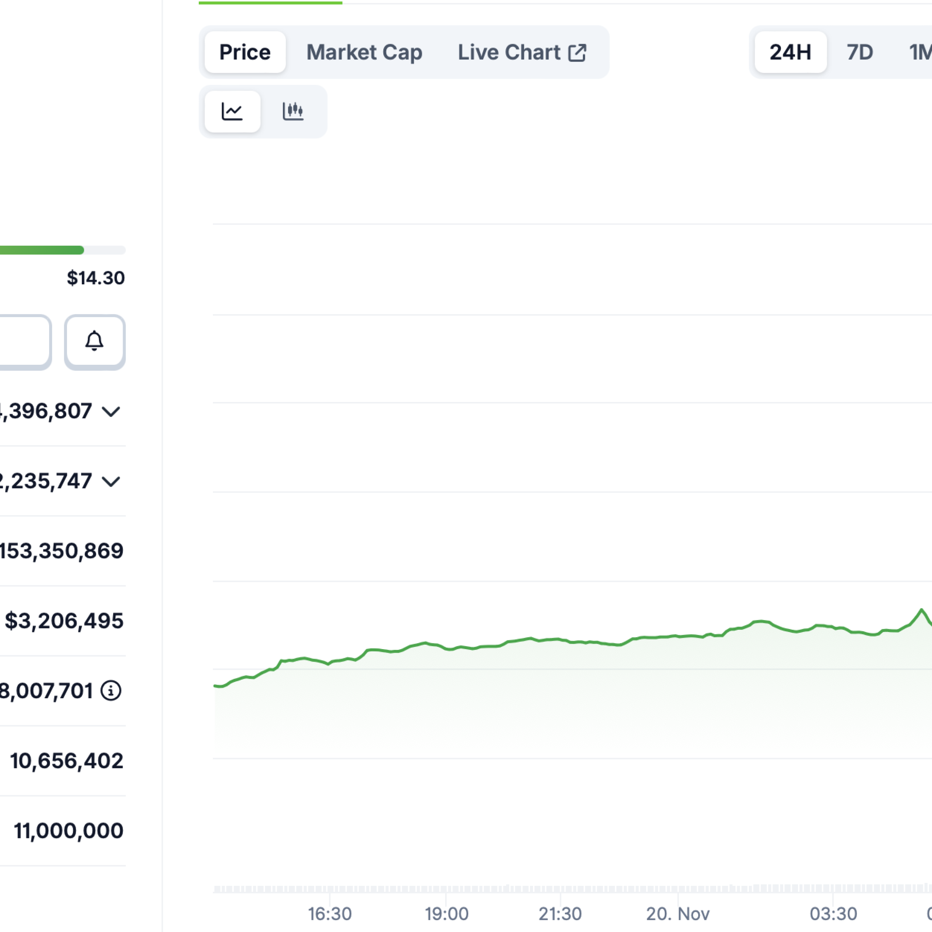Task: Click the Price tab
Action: point(245,52)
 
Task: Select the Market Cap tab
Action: point(364,52)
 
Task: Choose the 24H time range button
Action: point(790,52)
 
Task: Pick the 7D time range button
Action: point(860,52)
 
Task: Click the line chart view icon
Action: point(232,111)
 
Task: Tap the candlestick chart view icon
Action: point(293,111)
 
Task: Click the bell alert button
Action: point(95,341)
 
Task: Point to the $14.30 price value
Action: point(95,278)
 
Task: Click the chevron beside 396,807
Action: point(111,411)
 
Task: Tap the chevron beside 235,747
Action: point(111,481)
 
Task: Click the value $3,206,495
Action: point(64,621)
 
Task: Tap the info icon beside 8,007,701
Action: point(111,690)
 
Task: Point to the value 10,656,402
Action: point(67,761)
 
